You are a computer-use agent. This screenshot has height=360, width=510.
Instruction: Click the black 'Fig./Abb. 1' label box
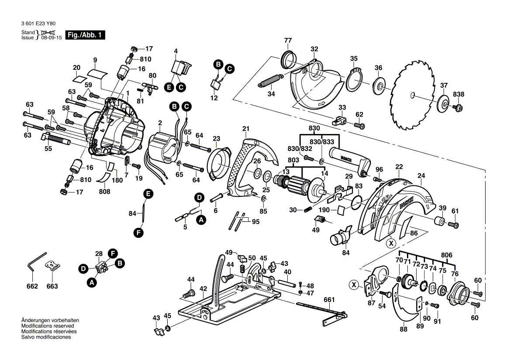tap(85, 35)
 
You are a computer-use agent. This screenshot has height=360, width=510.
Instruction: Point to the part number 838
tap(458, 94)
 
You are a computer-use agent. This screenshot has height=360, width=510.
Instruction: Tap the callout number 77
tap(288, 41)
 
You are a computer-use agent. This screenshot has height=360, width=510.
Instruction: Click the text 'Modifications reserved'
tap(48, 326)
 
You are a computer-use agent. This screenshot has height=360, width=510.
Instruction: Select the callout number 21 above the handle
tap(246, 128)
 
